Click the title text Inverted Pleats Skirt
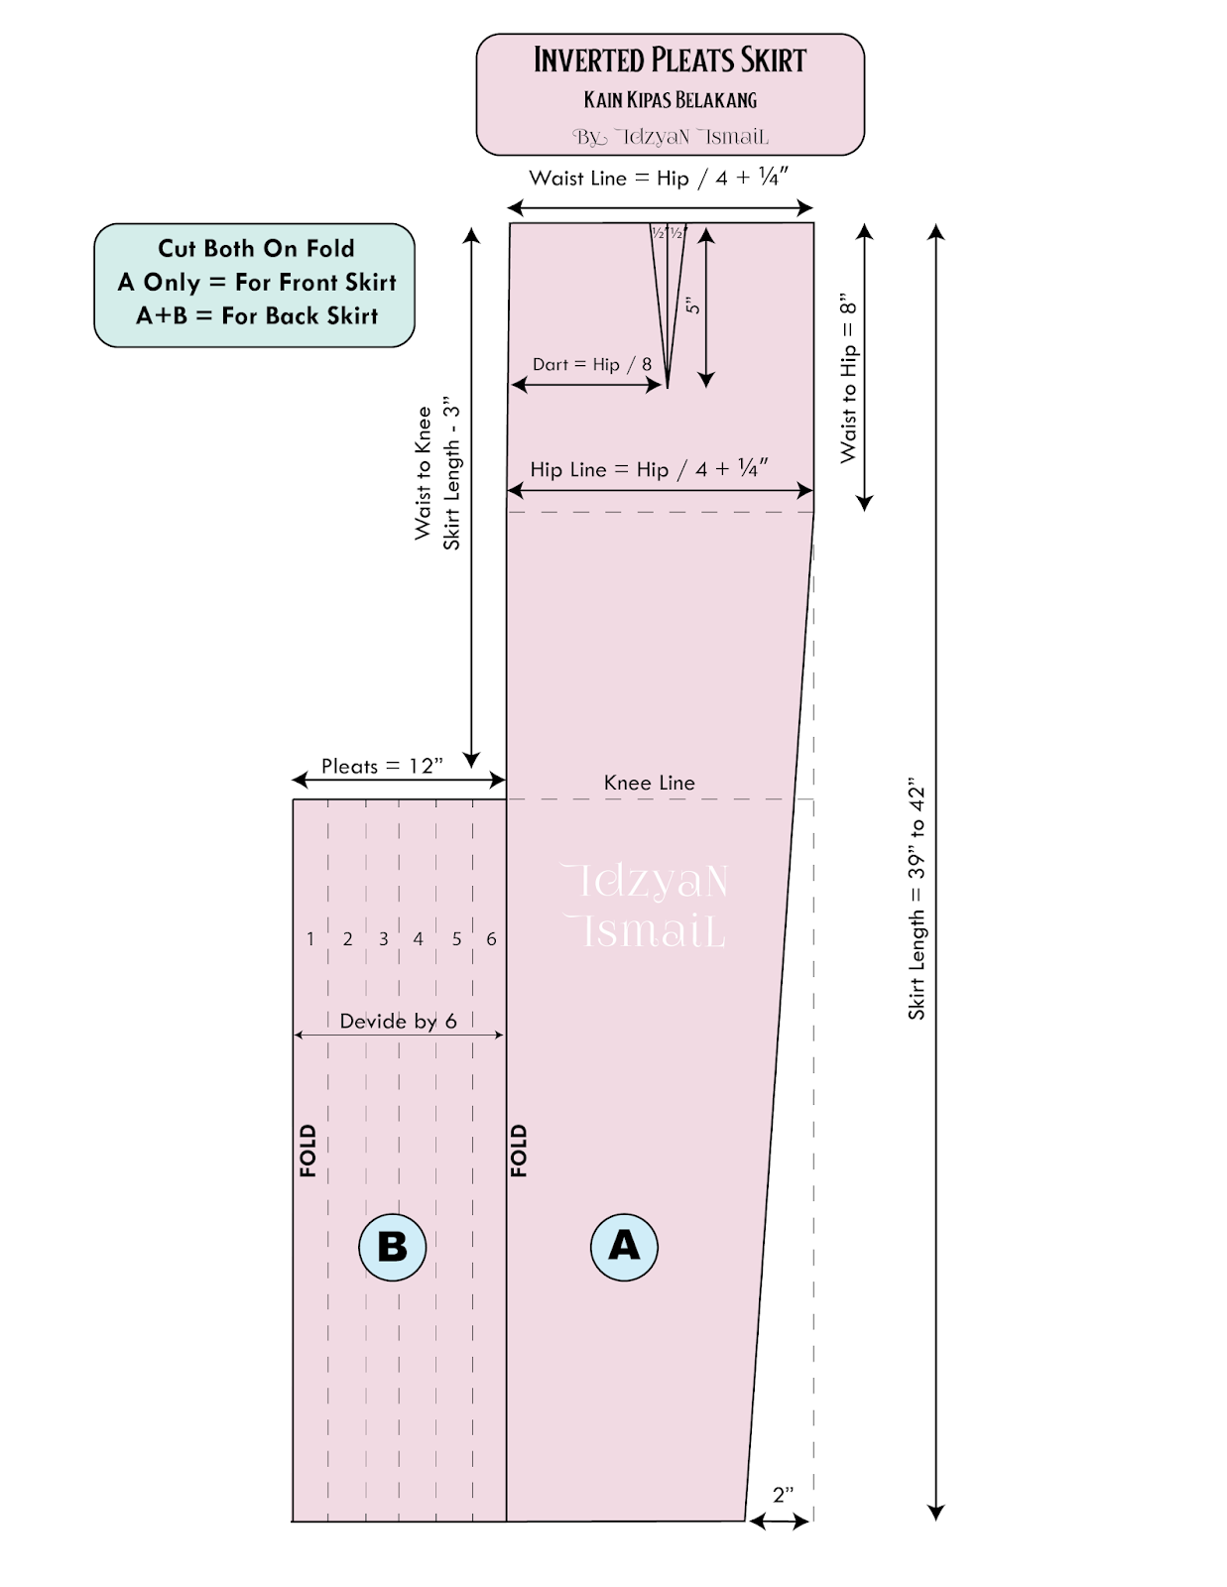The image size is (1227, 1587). coord(670,61)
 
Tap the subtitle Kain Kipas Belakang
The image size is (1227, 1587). coord(670,100)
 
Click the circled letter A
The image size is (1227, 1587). coord(624,1246)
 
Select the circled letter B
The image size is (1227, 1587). coord(392,1247)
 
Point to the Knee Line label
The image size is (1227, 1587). coord(649,783)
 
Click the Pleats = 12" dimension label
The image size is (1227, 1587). coord(382,766)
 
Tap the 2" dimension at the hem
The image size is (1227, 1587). coord(783,1494)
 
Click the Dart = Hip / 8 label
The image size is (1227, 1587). coord(591,364)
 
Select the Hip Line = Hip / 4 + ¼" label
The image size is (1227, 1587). coord(649,469)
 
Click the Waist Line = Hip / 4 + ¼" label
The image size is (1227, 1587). coord(659,178)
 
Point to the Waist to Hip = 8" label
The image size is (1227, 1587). coord(848,377)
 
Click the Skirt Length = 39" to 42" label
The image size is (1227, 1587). coord(917,899)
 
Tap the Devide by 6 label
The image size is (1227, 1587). coord(398,1021)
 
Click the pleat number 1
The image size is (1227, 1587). coord(310,938)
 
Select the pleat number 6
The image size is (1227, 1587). coord(491,938)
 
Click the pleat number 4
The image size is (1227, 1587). coord(419,938)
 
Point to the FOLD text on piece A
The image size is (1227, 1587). coord(519,1151)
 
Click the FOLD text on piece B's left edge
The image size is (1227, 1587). coord(307,1151)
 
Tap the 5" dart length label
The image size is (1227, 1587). coord(693,305)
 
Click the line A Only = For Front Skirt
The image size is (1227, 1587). coord(256,283)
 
